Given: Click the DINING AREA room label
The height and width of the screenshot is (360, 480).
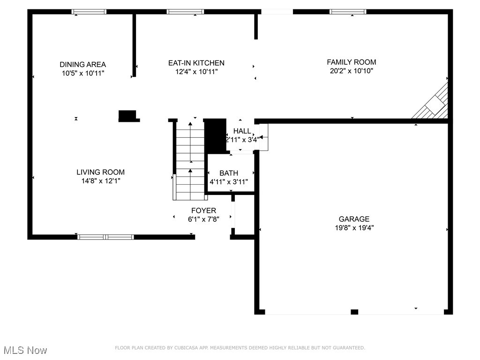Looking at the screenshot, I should click(x=82, y=65).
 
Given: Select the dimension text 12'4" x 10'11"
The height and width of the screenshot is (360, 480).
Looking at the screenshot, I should click(x=196, y=72).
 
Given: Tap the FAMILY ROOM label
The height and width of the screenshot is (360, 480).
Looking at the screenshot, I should click(x=351, y=62).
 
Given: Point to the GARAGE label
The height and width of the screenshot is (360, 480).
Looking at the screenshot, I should click(x=354, y=219).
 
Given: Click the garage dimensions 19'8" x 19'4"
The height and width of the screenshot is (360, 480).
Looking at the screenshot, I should click(x=354, y=228).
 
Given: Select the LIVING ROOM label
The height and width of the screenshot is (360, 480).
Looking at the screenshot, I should click(x=101, y=172).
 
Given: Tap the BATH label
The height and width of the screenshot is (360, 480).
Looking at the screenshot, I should click(x=228, y=173).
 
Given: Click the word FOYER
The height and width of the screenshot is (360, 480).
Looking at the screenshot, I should click(x=203, y=210).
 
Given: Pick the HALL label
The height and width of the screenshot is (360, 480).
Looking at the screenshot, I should click(x=242, y=131).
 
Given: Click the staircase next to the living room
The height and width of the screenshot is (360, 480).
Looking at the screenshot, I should click(x=190, y=159).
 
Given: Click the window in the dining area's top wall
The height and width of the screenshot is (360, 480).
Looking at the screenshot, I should click(x=89, y=12).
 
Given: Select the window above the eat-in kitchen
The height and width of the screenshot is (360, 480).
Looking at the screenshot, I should click(x=185, y=12).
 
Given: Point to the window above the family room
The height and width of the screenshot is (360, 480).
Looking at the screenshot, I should click(x=348, y=12).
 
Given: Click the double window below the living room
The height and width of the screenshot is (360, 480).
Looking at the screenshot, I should click(x=105, y=237).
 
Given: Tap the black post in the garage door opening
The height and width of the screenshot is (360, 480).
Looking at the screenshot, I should click(x=354, y=312).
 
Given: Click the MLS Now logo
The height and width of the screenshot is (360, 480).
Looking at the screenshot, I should click(x=25, y=350).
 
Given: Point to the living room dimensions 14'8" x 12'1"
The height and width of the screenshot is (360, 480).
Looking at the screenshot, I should click(x=101, y=181).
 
